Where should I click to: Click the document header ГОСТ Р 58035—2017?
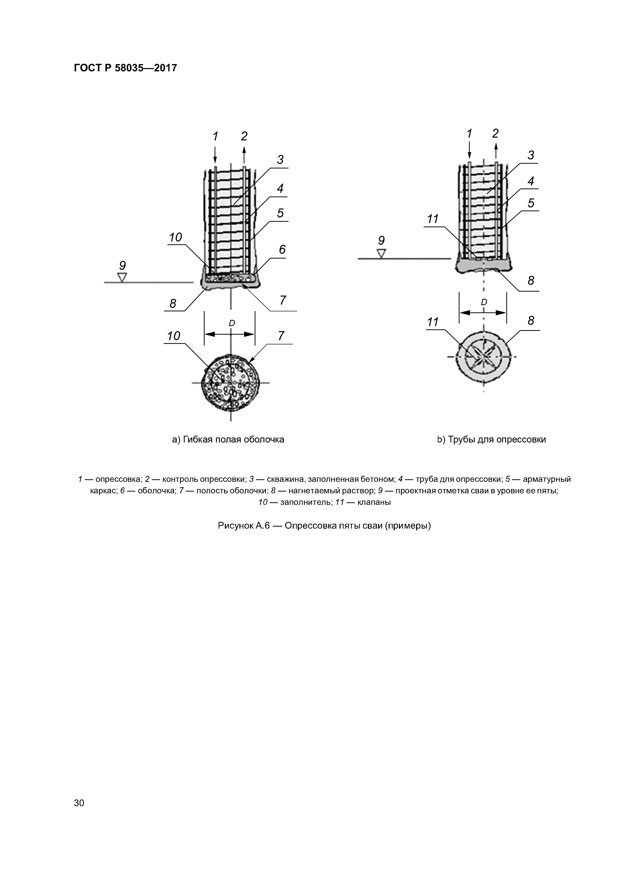pyautogui.click(x=125, y=68)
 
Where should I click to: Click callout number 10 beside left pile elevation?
pyautogui.click(x=175, y=238)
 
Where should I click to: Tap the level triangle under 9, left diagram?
pyautogui.click(x=122, y=277)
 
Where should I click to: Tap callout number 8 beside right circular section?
pyautogui.click(x=531, y=320)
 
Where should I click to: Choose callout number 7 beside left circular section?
pyautogui.click(x=281, y=336)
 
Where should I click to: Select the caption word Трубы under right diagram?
pyautogui.click(x=461, y=440)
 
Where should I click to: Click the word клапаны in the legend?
pyautogui.click(x=374, y=502)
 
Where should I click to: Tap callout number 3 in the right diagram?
pyautogui.click(x=531, y=155)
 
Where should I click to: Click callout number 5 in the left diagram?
pyautogui.click(x=280, y=213)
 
